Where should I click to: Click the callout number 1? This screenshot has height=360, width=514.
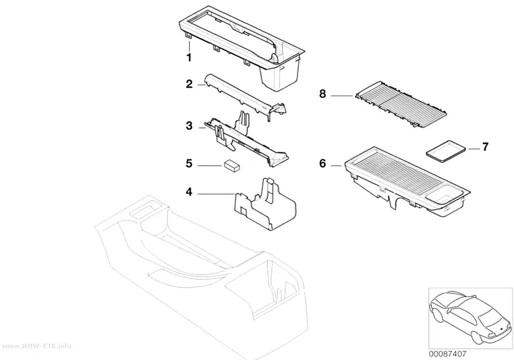tap(189, 57)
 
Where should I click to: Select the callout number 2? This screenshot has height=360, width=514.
tap(189, 84)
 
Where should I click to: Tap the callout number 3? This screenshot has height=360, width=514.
tap(189, 125)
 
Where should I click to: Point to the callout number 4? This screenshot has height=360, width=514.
tap(189, 192)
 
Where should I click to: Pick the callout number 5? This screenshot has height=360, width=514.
tap(189, 163)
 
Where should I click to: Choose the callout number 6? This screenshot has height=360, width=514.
tap(323, 163)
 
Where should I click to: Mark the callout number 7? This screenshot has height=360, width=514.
tap(485, 146)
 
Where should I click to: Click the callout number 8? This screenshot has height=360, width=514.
tap(323, 94)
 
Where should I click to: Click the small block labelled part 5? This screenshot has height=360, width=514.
tap(233, 166)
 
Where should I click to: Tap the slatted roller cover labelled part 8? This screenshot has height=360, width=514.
tap(400, 104)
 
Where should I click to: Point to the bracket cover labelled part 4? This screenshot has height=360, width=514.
tap(265, 205)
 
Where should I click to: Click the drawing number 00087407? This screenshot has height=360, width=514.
tap(447, 354)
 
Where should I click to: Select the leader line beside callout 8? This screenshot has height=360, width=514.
tap(343, 96)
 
